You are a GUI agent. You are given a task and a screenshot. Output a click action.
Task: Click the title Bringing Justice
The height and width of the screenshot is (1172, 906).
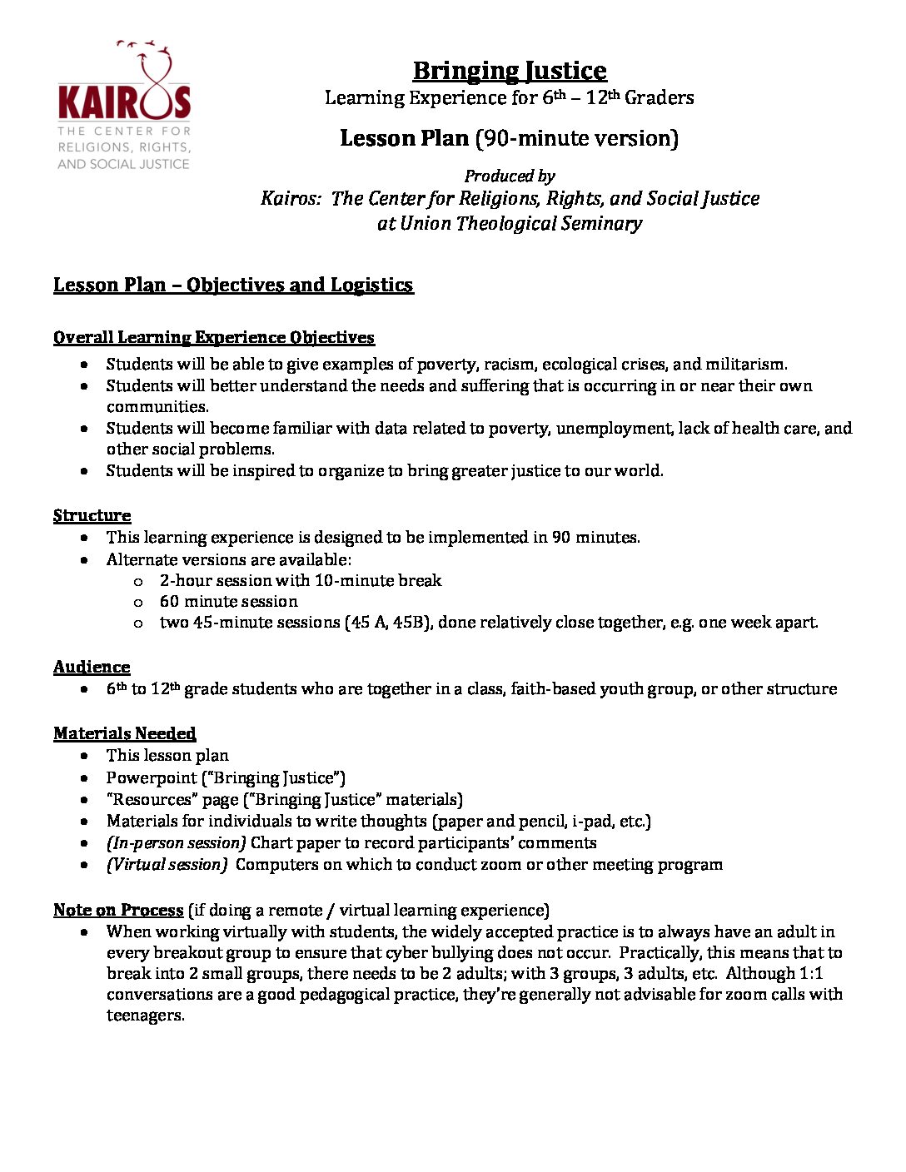click(509, 71)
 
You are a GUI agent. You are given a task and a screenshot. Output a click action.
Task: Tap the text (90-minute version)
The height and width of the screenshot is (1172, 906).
click(576, 138)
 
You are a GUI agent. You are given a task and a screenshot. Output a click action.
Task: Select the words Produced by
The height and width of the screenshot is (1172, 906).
click(509, 176)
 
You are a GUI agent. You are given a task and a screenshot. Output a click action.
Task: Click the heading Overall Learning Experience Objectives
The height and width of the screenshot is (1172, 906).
click(213, 337)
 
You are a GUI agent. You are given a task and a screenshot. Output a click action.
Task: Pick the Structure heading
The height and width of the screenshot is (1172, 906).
click(92, 515)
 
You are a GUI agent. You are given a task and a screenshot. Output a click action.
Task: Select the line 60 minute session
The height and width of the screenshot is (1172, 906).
click(228, 601)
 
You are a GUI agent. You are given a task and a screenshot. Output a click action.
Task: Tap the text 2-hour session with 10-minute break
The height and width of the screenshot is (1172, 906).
click(300, 580)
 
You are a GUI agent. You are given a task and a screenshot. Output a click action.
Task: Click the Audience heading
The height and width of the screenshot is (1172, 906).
click(92, 667)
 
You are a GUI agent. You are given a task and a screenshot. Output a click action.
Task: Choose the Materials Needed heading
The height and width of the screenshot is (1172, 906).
click(124, 733)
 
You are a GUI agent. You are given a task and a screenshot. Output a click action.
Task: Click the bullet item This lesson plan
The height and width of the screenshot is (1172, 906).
click(167, 755)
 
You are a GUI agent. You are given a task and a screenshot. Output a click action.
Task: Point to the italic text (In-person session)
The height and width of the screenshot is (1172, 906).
click(176, 842)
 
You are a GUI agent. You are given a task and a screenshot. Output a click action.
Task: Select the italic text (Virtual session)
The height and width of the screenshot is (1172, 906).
click(167, 864)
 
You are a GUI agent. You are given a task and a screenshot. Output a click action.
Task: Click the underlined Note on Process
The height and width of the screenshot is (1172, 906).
click(118, 910)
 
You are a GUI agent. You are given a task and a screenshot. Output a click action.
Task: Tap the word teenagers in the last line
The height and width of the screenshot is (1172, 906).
click(144, 1015)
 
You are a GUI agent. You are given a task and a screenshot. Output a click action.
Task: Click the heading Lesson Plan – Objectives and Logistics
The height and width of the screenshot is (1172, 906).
click(233, 285)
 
